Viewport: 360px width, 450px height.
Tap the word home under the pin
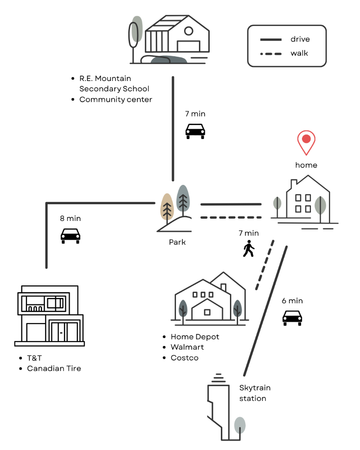click(x=306, y=165)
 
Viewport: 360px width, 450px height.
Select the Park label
click(x=177, y=242)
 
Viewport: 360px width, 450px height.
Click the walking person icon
click(x=248, y=248)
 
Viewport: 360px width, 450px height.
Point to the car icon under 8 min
click(x=70, y=235)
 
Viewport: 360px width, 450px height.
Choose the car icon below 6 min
click(x=292, y=317)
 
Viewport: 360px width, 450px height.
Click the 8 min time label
click(x=70, y=218)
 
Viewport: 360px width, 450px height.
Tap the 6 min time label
click(x=292, y=301)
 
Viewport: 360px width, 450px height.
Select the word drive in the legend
click(x=300, y=39)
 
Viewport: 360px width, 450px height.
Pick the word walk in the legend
click(x=299, y=53)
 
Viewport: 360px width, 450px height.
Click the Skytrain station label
click(x=255, y=393)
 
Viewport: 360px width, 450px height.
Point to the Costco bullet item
click(x=184, y=358)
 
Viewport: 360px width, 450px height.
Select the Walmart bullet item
click(x=187, y=347)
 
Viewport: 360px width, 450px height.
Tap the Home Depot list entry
click(x=195, y=337)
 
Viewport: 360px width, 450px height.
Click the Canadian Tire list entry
click(x=54, y=368)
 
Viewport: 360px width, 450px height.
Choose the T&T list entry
click(x=34, y=358)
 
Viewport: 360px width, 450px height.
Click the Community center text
click(x=116, y=99)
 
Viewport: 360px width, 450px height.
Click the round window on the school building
click(x=189, y=31)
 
